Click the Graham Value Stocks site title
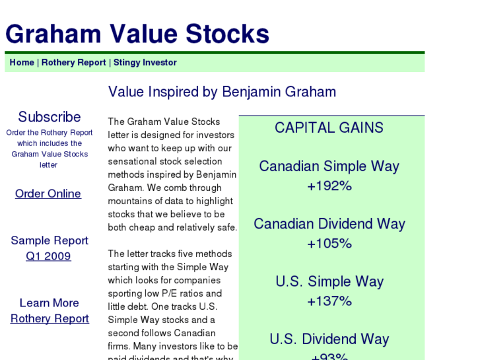coord(137,34)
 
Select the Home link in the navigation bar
coord(22,63)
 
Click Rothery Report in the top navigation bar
coord(73,63)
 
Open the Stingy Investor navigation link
coord(145,63)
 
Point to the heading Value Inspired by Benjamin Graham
coord(222,92)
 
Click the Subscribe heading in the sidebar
coord(50,117)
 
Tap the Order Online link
coord(48,194)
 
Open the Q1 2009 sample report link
coord(48,256)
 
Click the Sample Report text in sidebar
coord(50,240)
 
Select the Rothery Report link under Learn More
coord(50,318)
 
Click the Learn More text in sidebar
coord(49,303)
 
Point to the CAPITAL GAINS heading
coord(329,128)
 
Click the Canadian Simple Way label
coord(329,166)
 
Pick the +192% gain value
coord(329,186)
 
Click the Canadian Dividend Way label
coord(329,224)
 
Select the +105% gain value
coord(329,244)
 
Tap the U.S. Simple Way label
coord(329,282)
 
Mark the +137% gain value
coord(329,302)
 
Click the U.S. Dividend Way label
coord(329,340)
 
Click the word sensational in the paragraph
coord(132,161)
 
